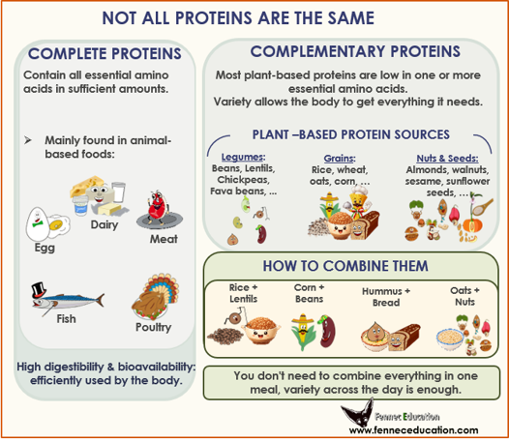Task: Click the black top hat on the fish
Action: point(39,290)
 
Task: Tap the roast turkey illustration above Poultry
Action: point(155,297)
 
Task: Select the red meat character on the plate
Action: point(158,206)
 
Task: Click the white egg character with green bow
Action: point(37,224)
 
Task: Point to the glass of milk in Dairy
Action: point(119,192)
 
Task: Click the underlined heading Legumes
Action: point(243,157)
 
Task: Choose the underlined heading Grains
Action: point(340,159)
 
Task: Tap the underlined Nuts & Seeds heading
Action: point(447,159)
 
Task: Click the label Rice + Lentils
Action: point(244,293)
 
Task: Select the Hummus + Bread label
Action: point(386,297)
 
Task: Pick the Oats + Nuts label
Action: point(464,296)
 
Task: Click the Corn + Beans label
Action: point(309,293)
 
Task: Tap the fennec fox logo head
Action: point(358,414)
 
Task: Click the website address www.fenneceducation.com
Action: point(413,430)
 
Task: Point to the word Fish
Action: point(66,319)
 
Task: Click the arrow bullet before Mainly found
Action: point(28,140)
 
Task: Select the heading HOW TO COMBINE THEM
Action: point(345,266)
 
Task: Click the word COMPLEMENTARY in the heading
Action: point(317,51)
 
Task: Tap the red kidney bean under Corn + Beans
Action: point(326,331)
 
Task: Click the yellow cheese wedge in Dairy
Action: point(87,185)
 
